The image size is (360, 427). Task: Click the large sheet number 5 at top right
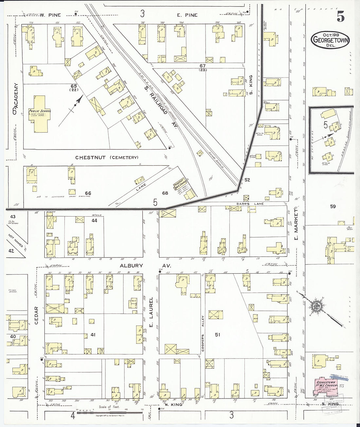point(341,16)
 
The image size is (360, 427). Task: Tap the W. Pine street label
point(51,15)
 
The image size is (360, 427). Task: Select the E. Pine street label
point(187,15)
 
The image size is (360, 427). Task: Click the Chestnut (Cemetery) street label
point(107,157)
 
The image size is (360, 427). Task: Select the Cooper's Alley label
point(203,333)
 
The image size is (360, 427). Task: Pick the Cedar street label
point(36,315)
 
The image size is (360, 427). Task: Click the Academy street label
point(15,98)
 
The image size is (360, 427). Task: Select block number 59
point(333,206)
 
